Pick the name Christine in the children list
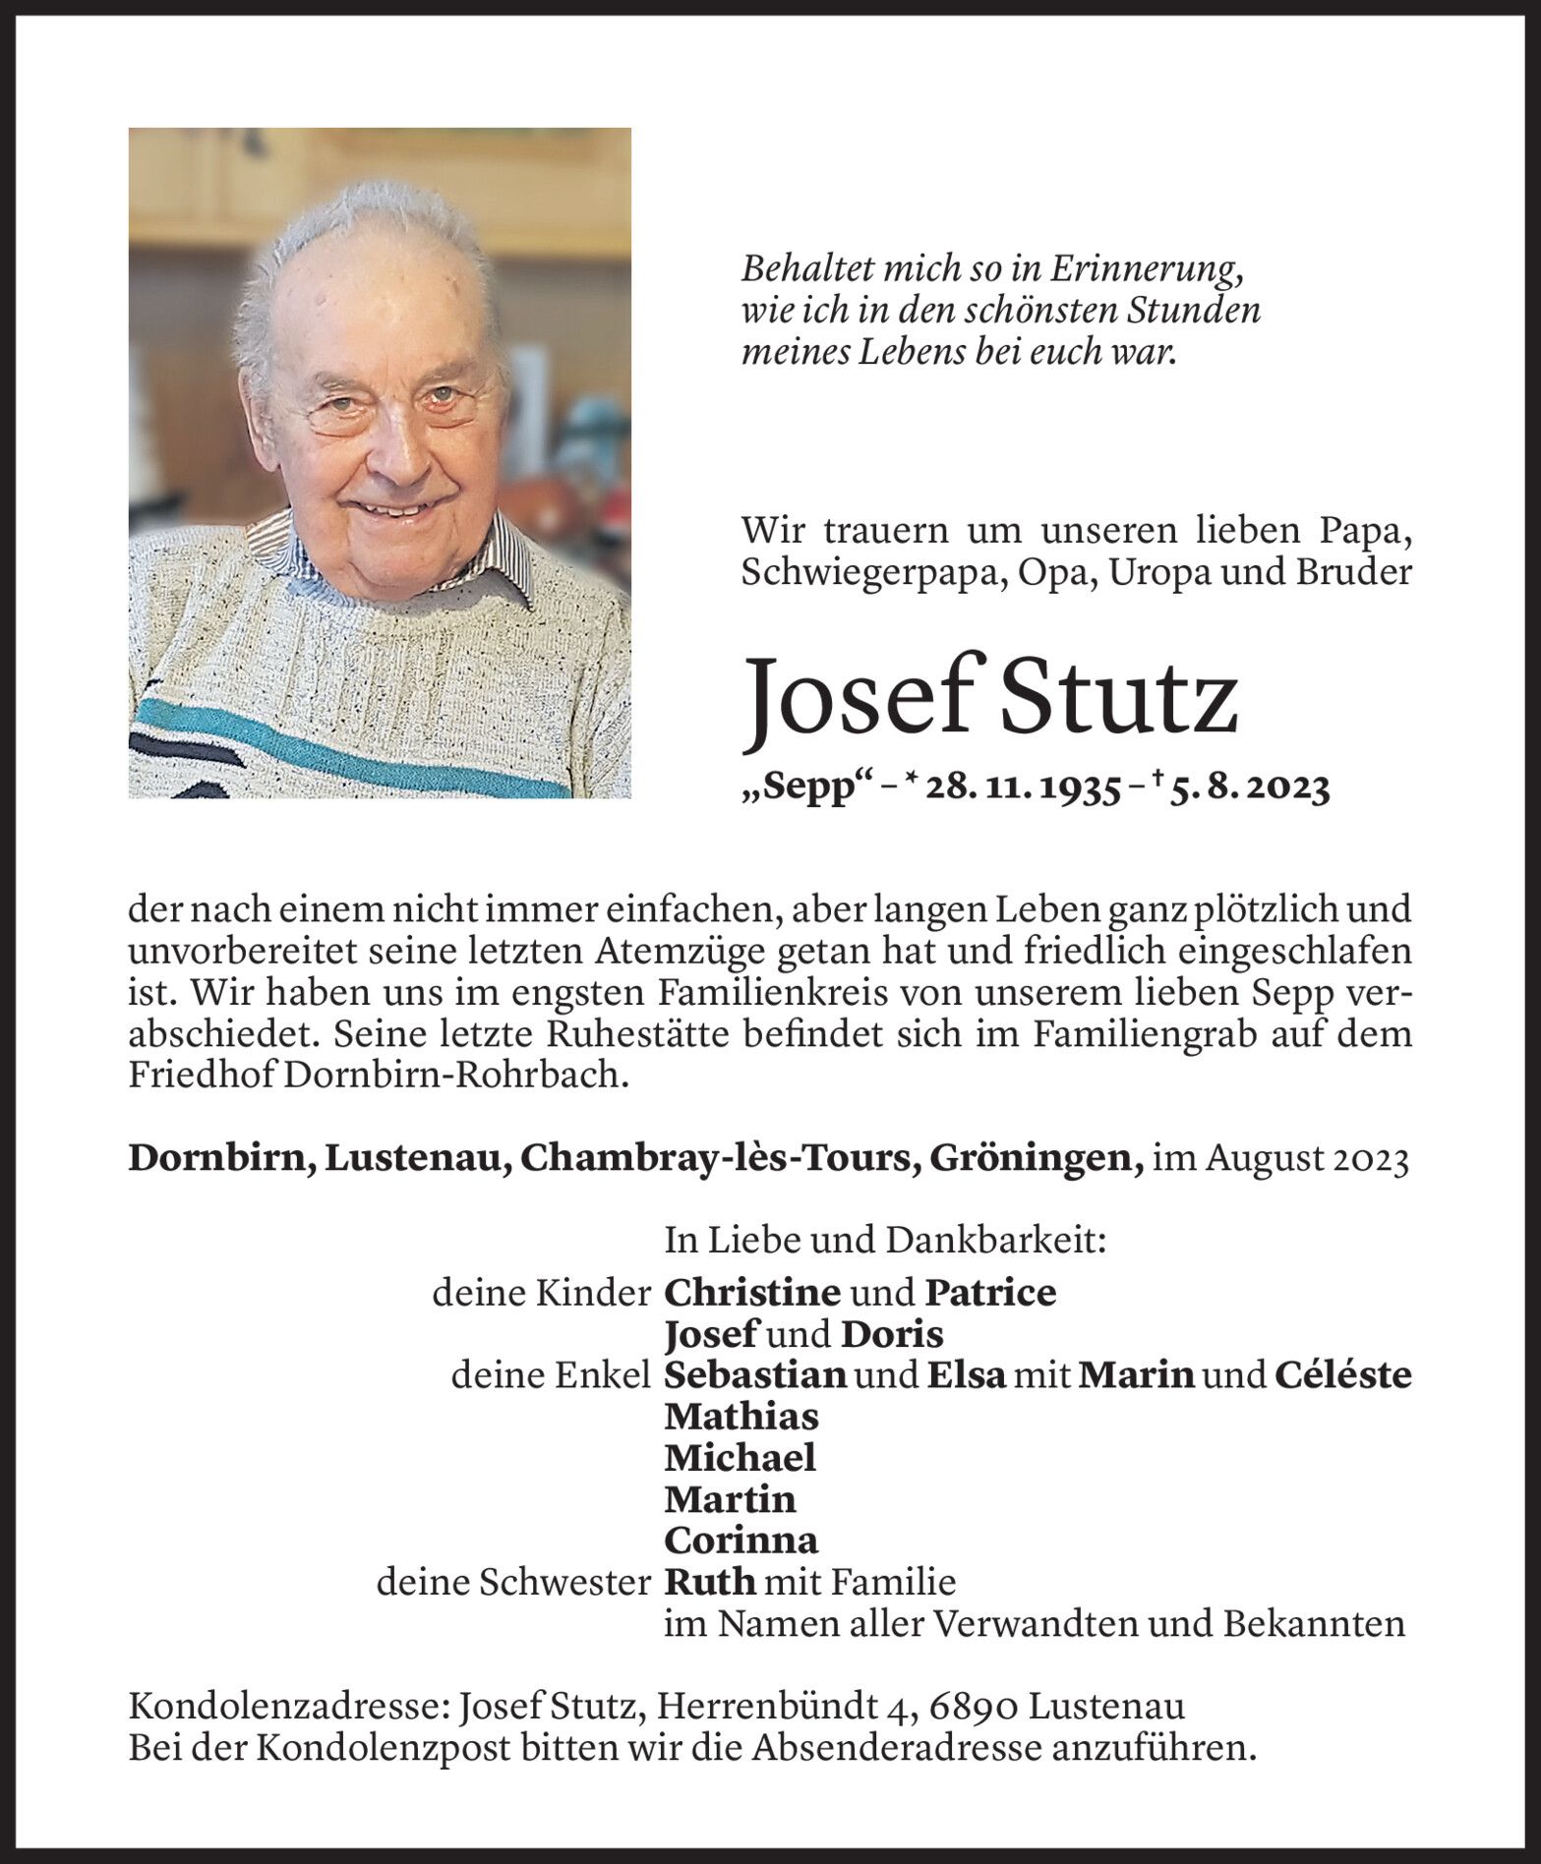pos(752,1292)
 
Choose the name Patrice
pos(990,1292)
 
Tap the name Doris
pos(892,1334)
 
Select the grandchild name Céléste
pos(1342,1374)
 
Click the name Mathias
pos(741,1417)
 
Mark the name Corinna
pos(741,1540)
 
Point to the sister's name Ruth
pos(710,1582)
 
